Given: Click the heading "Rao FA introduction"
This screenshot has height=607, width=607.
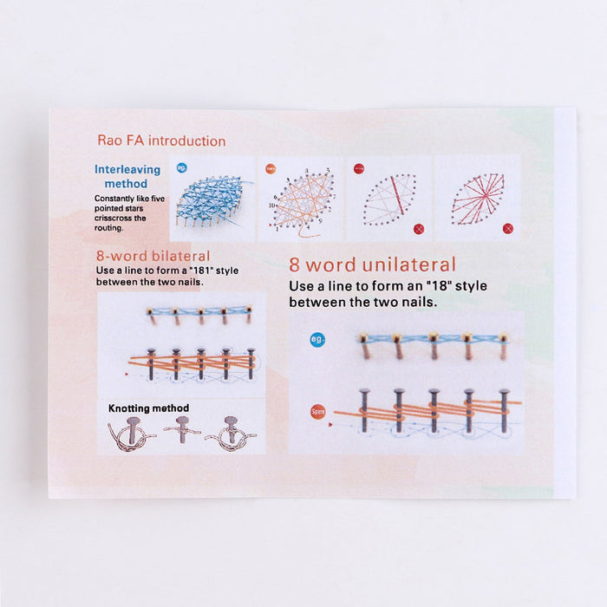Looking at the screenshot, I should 161,140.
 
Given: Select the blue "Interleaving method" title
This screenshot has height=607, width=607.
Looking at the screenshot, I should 127,177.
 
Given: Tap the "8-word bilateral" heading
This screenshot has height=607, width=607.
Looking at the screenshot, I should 153,256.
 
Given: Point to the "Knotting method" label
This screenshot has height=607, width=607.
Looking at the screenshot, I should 148,408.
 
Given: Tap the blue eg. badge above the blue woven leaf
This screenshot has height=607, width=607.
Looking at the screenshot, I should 182,167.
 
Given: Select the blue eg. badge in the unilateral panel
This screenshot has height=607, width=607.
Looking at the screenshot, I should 317,340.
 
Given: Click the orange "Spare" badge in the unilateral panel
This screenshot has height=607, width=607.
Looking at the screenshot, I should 318,411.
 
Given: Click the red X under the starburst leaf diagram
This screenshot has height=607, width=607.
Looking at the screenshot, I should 507,228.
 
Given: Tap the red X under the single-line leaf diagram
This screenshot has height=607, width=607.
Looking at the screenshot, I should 419,229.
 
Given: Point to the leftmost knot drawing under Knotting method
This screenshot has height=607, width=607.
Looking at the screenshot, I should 131,433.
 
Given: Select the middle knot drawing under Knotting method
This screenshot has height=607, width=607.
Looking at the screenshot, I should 182,430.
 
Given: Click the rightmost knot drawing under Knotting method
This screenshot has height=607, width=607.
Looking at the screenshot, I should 231,433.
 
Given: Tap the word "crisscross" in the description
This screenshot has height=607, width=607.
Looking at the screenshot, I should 115,219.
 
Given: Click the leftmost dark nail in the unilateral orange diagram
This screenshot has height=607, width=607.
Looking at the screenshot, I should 363,410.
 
